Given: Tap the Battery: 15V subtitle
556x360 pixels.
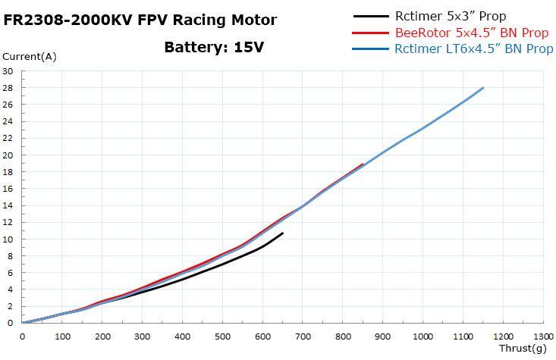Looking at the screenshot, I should [214, 47].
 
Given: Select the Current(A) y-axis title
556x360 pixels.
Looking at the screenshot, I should [29, 56].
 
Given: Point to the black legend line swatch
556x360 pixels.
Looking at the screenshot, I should [372, 16].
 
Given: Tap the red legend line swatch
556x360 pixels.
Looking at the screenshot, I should [372, 33].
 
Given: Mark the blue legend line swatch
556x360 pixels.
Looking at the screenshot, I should [372, 49].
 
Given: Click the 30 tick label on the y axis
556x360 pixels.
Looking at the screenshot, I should [8, 71].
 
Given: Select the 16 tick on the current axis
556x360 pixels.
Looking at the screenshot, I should [8, 189].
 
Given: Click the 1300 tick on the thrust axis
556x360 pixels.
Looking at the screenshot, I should [543, 336].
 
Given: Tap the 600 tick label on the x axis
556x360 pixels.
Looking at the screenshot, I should [262, 336].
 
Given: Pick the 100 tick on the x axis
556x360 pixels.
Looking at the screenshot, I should [62, 336].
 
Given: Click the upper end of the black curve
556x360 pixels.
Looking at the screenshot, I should [283, 233].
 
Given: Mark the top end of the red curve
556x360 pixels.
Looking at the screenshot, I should [363, 164].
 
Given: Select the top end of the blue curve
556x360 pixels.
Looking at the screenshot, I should [483, 88].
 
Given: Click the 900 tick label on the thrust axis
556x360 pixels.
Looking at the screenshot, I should [383, 336].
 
